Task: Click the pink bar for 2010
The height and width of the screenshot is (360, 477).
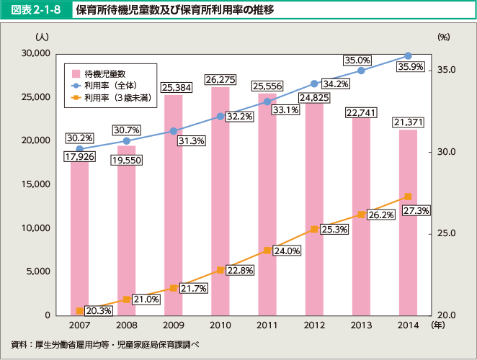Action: tap(220, 202)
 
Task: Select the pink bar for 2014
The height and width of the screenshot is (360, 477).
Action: tap(407, 223)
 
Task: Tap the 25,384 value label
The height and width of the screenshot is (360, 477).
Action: tap(173, 88)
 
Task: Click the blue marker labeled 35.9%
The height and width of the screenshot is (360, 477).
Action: tap(408, 55)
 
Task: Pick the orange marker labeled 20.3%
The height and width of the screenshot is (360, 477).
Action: tap(79, 310)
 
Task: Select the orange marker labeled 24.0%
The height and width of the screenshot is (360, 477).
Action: tap(267, 250)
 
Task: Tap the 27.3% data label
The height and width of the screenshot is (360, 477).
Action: tap(416, 211)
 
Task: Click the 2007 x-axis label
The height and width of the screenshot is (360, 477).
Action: tap(79, 326)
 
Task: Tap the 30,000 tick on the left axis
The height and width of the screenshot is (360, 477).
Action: tap(35, 53)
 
